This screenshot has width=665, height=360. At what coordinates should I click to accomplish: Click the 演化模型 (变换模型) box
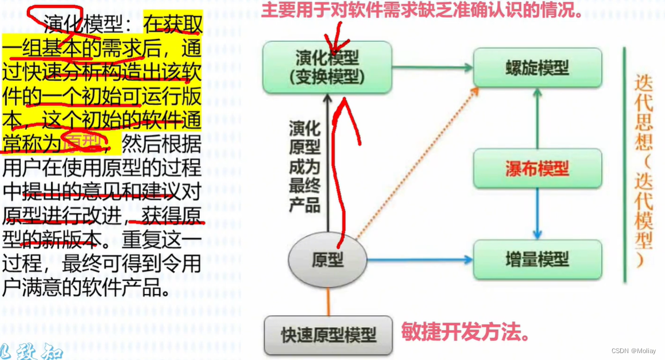(327, 67)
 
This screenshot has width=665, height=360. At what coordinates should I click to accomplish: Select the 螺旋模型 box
(537, 68)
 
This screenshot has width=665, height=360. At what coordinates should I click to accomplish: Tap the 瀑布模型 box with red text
(537, 168)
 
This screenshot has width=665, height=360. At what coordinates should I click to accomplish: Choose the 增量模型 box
(537, 260)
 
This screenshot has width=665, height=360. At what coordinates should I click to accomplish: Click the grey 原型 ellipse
(327, 260)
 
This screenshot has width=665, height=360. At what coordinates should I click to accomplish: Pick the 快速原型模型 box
(328, 335)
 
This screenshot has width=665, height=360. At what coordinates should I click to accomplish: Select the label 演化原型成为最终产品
(304, 167)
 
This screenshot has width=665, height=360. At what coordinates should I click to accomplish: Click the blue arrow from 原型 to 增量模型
(419, 260)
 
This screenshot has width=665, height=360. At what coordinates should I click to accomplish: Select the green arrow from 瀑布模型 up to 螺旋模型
(537, 118)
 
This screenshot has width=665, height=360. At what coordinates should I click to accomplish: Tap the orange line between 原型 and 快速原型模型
(328, 300)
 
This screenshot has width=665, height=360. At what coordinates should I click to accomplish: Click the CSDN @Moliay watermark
(635, 350)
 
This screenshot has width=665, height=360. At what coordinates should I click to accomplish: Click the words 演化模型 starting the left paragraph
(87, 25)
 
